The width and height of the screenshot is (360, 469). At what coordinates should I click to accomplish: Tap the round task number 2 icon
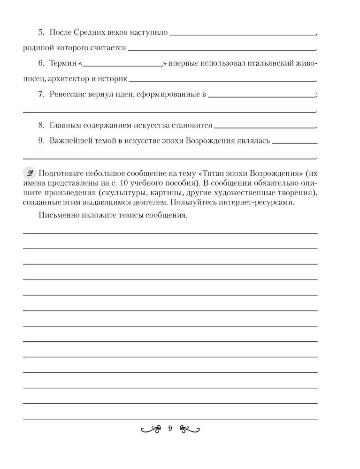(29, 171)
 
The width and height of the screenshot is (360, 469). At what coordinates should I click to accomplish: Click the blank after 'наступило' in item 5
(243, 34)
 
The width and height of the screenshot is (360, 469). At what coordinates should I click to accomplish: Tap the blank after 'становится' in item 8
(265, 126)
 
